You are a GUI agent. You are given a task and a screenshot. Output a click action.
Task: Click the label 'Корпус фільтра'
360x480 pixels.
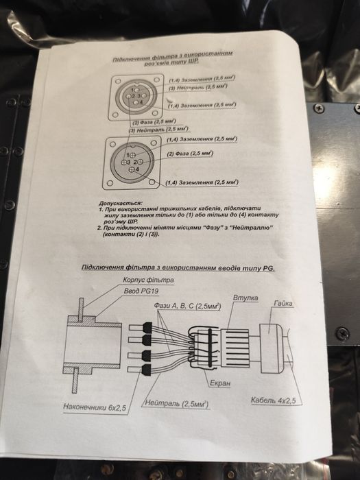[149, 279]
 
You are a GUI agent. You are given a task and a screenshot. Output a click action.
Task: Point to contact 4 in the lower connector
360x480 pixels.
[132, 167]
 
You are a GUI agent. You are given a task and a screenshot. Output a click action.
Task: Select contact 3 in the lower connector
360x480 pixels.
[126, 161]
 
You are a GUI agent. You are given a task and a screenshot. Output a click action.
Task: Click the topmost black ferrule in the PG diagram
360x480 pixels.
[145, 325]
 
